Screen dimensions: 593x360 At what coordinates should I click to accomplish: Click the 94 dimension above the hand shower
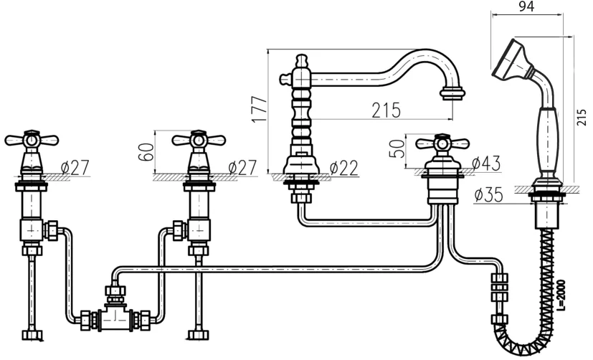pos(526,6)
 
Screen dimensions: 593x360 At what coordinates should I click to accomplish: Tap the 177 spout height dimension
pos(260,109)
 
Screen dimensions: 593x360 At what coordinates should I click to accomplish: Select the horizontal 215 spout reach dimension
pos(386,110)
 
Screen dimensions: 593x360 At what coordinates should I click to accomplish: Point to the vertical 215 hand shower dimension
pos(582,117)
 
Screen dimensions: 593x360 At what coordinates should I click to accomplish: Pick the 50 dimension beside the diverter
pos(397,148)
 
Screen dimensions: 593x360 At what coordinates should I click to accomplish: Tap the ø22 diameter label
pos(343,169)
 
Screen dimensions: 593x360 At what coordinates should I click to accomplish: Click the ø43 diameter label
pos(486,164)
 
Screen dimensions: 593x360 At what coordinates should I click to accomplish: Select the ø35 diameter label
pos(488,195)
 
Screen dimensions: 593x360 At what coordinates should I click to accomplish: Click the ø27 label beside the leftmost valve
pos(75,168)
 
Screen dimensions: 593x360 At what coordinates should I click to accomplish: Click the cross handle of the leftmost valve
pos(32,140)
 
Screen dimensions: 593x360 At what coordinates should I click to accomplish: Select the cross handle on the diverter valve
pos(442,143)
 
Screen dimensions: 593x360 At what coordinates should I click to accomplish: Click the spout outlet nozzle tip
pos(452,94)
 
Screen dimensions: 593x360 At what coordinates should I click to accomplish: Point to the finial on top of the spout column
pos(300,60)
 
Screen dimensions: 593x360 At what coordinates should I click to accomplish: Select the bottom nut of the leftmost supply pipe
pos(32,335)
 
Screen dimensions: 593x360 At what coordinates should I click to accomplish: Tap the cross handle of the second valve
pos(199,140)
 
